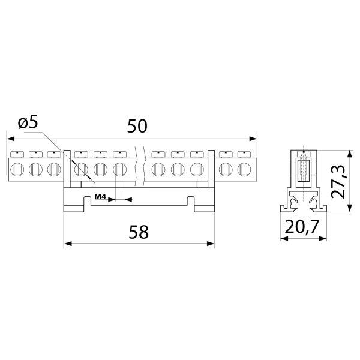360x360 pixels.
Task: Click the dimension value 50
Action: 137,126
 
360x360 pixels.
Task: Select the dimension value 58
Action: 139,232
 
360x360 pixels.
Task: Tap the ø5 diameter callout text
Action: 28,123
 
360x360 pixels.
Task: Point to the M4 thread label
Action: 100,197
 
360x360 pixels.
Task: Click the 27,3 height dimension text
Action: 338,181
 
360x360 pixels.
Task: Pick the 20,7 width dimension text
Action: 302,226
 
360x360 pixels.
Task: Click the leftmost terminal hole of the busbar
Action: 17,169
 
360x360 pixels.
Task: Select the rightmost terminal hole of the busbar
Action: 244,169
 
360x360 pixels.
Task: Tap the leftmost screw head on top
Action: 17,154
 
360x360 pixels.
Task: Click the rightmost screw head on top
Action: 244,154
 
